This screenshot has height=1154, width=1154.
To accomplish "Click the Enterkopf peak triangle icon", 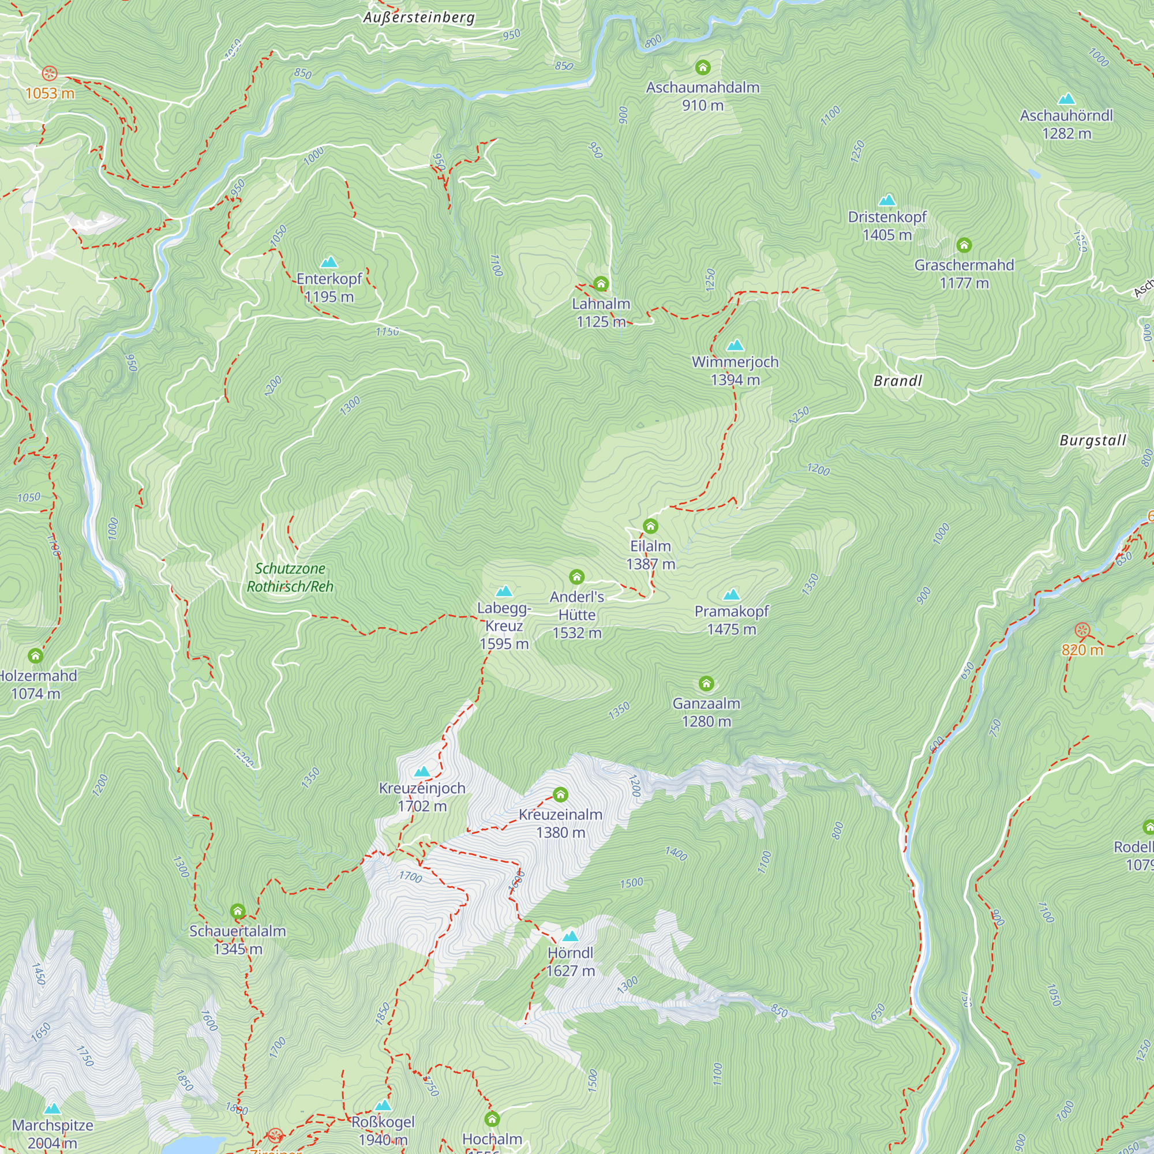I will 329,262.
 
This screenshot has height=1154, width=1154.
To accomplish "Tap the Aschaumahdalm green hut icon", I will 702,67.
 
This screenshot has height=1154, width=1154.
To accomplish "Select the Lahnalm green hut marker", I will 601,283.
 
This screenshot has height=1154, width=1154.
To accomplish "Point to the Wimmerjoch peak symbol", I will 735,345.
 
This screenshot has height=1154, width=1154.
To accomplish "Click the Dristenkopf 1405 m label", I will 887,226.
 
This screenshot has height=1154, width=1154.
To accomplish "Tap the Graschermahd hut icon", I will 964,245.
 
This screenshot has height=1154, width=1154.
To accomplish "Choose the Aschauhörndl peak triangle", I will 1066,99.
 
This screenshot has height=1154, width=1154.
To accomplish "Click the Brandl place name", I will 898,381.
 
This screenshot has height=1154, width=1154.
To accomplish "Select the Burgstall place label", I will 1092,441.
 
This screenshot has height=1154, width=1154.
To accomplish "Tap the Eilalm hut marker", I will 650,526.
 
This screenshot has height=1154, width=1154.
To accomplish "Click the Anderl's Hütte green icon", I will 576,576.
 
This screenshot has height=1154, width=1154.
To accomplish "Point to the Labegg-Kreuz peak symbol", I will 504,591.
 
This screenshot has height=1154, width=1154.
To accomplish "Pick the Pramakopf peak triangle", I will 732,594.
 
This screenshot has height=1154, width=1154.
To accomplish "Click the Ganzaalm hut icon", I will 706,683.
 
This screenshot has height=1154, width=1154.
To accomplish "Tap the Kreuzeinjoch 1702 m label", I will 422,797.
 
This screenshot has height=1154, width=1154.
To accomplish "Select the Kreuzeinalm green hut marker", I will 560,794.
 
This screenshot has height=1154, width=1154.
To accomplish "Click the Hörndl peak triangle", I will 571,936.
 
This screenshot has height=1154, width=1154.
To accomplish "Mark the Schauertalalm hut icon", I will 238,911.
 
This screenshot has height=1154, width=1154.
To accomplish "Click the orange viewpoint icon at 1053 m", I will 50,73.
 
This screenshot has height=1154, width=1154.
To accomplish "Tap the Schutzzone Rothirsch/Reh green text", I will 290,578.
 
